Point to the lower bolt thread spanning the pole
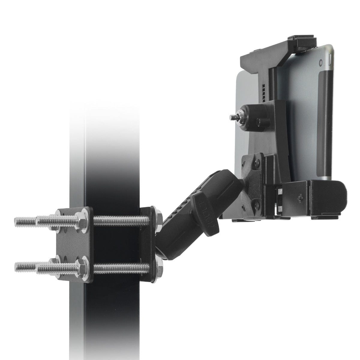pos(121,266)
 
